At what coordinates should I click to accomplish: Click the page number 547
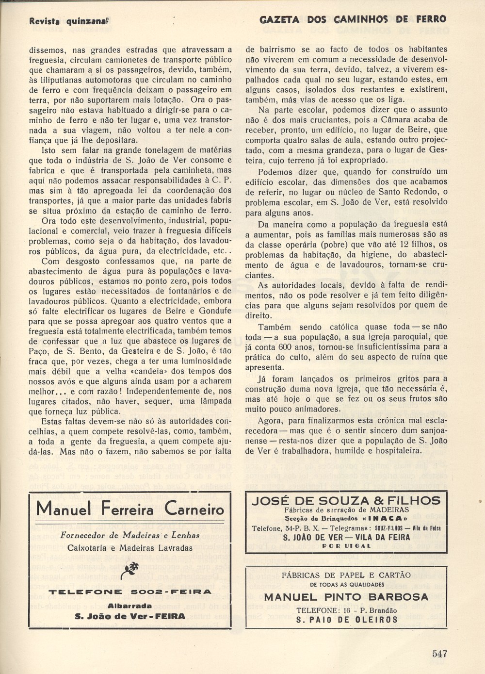[439, 654]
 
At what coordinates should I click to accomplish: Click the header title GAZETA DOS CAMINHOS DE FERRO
[353, 19]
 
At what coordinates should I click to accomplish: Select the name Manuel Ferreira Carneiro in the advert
[130, 509]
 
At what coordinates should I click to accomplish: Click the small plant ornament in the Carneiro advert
[129, 570]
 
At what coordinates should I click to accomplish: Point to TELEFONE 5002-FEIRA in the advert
[130, 592]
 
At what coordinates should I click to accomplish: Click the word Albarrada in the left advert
[129, 606]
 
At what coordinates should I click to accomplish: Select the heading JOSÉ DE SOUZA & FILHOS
[346, 501]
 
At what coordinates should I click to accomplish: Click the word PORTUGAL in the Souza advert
[346, 546]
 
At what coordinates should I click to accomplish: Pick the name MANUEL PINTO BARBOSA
[346, 597]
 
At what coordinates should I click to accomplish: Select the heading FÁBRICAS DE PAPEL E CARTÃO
[346, 575]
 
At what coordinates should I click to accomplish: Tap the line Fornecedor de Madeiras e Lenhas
[130, 535]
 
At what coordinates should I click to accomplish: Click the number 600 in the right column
[285, 347]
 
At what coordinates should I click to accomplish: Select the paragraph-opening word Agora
[270, 420]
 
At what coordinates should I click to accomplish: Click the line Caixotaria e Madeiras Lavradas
[130, 548]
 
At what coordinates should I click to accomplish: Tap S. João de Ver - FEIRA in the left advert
[130, 616]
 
